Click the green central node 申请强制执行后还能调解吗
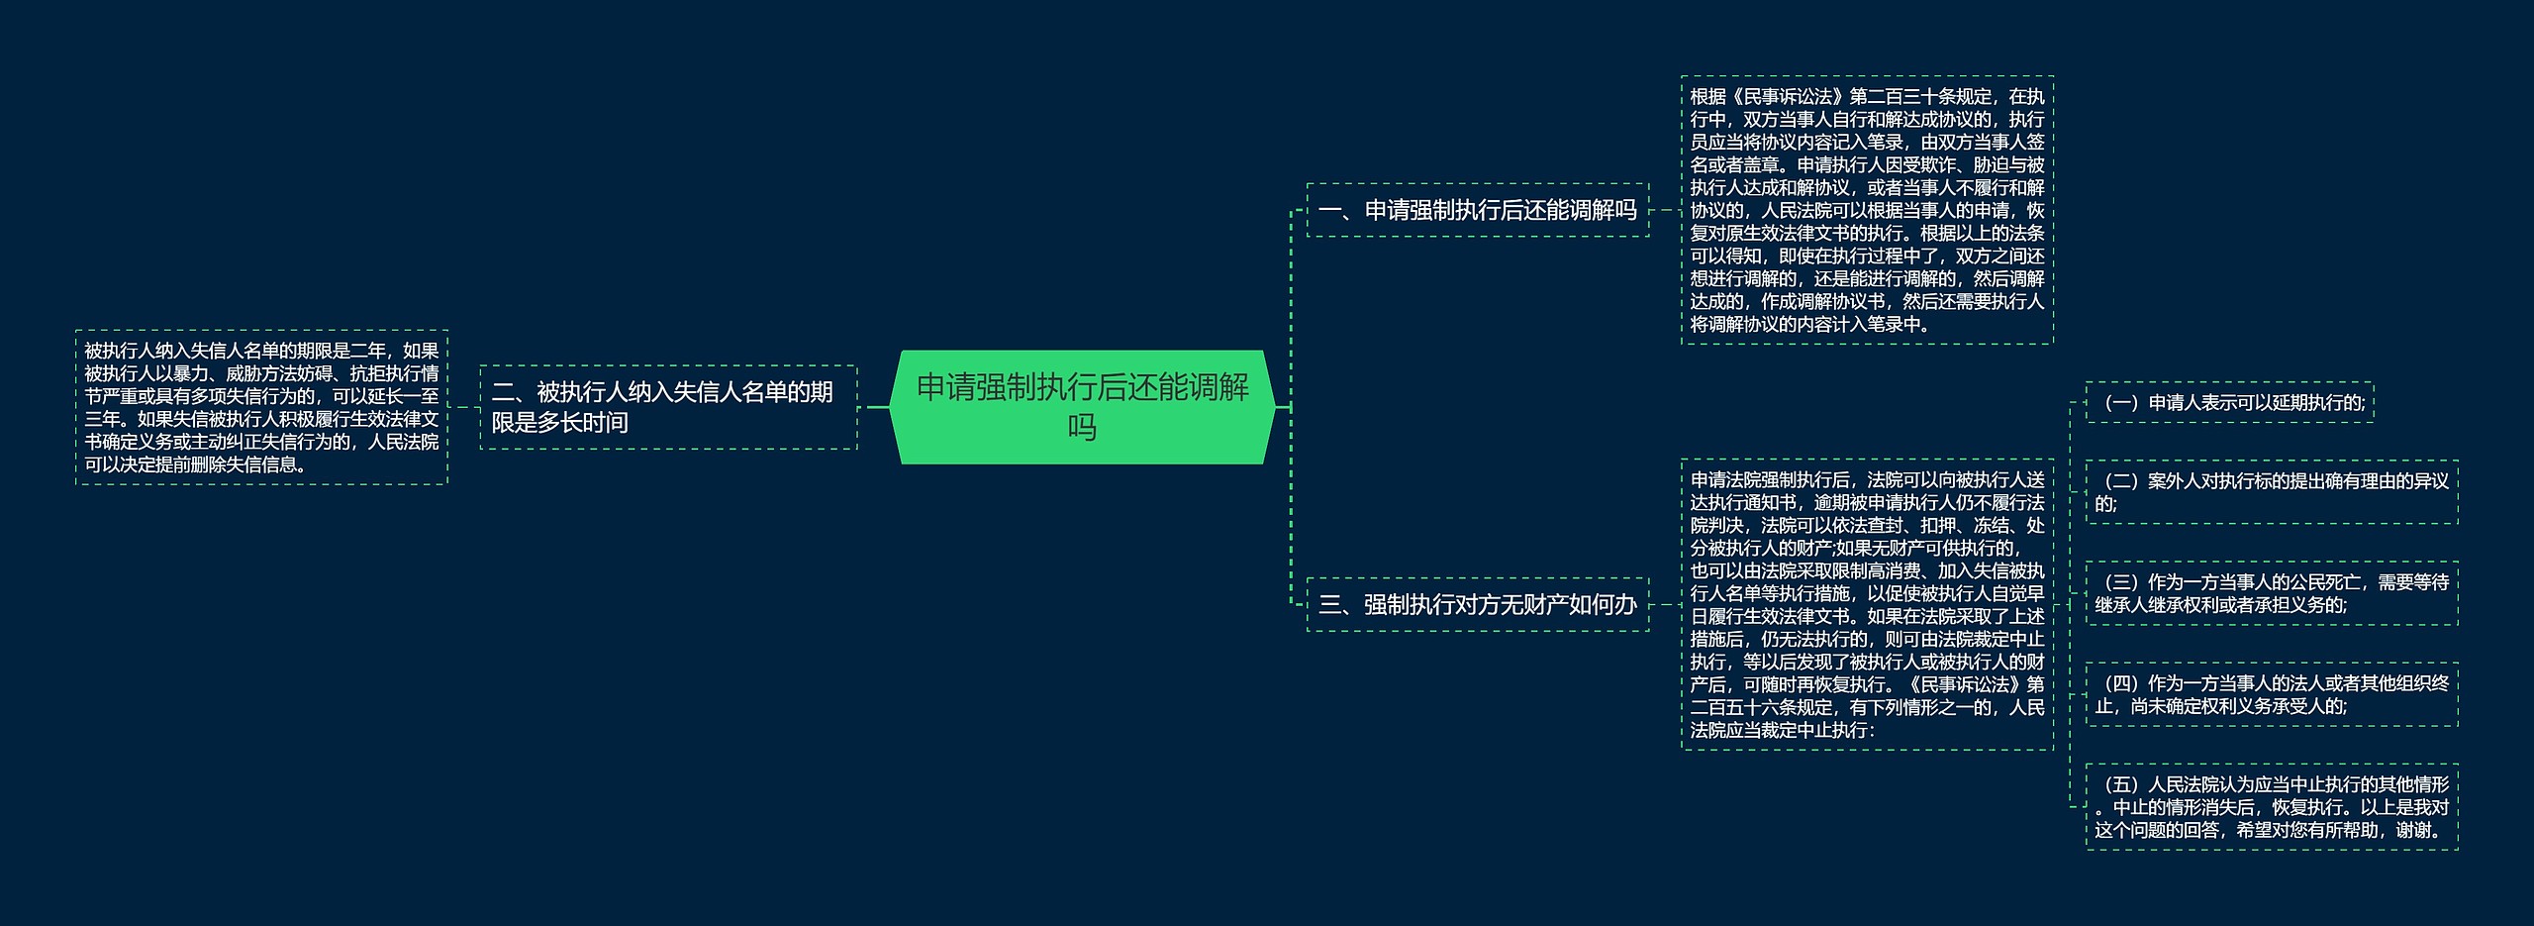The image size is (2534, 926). tap(1082, 406)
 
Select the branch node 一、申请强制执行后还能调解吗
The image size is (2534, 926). tap(1477, 210)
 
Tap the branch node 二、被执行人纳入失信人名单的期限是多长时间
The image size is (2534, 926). tap(668, 407)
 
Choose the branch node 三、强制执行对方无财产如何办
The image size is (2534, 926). tap(1477, 604)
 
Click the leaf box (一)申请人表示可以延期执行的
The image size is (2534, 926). tap(2229, 402)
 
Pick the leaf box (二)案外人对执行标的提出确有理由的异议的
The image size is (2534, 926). tap(2271, 492)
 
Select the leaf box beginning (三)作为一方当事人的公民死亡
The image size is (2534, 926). tap(2271, 593)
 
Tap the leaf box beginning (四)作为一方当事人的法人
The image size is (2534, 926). tap(2271, 694)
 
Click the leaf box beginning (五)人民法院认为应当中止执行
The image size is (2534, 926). tap(2271, 806)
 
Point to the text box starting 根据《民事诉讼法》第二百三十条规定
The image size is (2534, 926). tap(1867, 210)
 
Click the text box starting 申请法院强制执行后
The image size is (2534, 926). tap(1867, 604)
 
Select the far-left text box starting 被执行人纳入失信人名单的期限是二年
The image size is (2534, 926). tap(261, 407)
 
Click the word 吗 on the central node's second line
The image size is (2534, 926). tap(1082, 428)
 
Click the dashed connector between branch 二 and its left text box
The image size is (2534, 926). tap(464, 407)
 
